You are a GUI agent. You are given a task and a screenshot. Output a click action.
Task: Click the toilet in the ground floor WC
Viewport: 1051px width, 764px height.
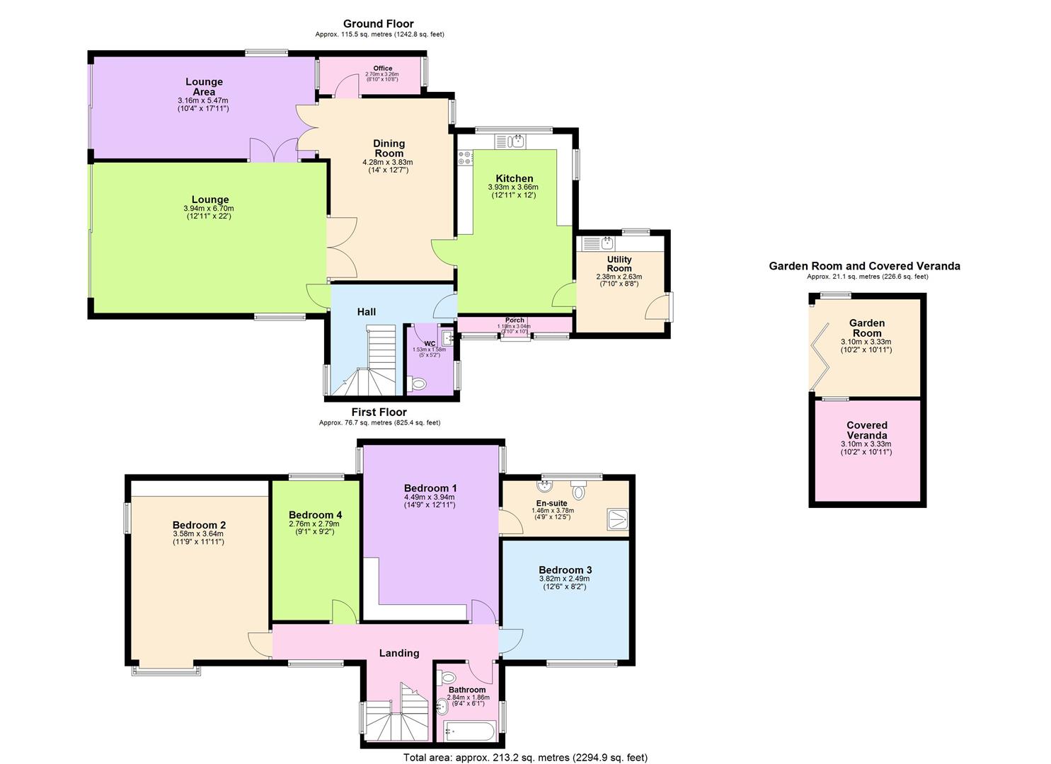[418, 384]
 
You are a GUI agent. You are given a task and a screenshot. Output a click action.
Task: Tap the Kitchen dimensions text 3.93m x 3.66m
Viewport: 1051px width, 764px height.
[513, 187]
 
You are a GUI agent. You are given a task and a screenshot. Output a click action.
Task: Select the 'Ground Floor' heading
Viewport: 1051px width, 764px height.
[379, 24]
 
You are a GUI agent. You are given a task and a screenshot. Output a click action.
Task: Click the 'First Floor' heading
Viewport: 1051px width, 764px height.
[379, 412]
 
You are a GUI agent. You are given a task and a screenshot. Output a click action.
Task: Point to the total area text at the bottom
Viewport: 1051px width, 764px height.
[525, 758]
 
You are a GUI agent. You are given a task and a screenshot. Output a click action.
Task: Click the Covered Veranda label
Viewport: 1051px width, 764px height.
[866, 430]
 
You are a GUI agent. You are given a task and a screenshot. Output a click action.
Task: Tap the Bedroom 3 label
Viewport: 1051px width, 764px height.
[565, 570]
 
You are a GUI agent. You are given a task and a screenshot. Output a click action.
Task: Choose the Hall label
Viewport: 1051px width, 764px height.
[366, 312]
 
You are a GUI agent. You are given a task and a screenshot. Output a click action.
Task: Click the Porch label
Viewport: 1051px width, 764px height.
[515, 320]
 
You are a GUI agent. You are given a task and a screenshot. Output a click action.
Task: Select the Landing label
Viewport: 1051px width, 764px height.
[399, 653]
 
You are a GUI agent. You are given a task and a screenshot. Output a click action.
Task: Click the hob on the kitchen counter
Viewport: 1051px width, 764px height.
[465, 158]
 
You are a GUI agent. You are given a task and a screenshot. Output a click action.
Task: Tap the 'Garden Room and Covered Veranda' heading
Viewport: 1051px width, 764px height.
[864, 266]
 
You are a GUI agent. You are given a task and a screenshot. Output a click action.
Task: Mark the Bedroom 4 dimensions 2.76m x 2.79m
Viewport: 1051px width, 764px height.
[315, 524]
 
